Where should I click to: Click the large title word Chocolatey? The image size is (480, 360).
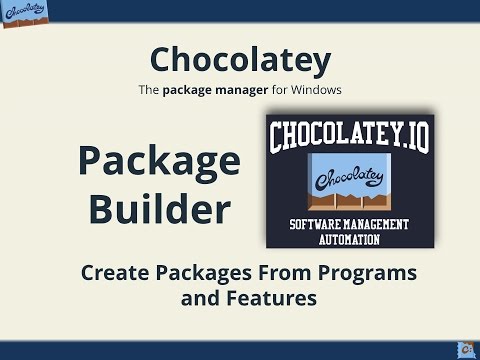[x=239, y=60]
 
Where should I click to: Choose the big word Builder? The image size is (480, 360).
[x=160, y=209]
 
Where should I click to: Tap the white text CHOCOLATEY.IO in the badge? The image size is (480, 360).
[x=349, y=135]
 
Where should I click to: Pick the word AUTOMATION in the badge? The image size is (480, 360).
[x=349, y=239]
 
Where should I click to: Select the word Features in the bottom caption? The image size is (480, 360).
[x=267, y=297]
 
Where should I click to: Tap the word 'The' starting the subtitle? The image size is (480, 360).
[x=148, y=90]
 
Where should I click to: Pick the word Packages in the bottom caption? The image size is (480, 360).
[x=206, y=271]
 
